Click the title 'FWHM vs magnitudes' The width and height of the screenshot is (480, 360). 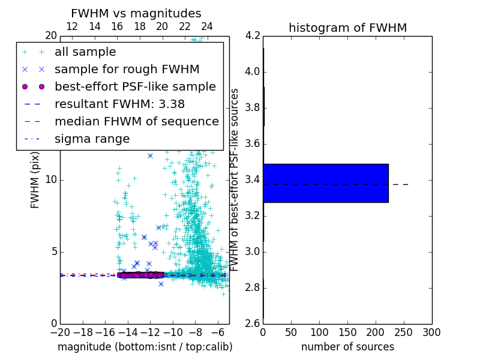pyautogui.click(x=136, y=13)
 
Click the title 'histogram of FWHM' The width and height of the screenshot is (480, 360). pyautogui.click(x=347, y=28)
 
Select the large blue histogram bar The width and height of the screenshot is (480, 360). pyautogui.click(x=326, y=183)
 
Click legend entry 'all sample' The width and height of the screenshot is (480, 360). pyautogui.click(x=85, y=52)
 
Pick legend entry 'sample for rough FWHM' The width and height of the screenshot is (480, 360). pyautogui.click(x=127, y=69)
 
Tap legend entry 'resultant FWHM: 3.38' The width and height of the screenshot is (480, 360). pyautogui.click(x=119, y=104)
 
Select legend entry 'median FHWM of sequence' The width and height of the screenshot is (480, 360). pyautogui.click(x=136, y=121)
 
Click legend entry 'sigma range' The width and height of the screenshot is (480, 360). pyautogui.click(x=92, y=139)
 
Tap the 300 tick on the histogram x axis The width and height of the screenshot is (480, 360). pyautogui.click(x=431, y=332)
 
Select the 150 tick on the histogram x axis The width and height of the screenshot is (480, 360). pyautogui.click(x=347, y=332)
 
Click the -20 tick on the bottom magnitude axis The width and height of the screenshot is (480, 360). pyautogui.click(x=60, y=332)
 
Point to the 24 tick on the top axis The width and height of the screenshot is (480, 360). pyautogui.click(x=207, y=26)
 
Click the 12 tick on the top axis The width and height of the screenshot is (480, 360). pyautogui.click(x=71, y=26)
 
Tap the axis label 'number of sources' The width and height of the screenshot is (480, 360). pyautogui.click(x=347, y=347)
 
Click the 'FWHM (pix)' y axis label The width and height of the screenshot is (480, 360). pyautogui.click(x=35, y=179)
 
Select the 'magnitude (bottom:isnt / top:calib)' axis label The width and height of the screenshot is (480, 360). pyautogui.click(x=145, y=347)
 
